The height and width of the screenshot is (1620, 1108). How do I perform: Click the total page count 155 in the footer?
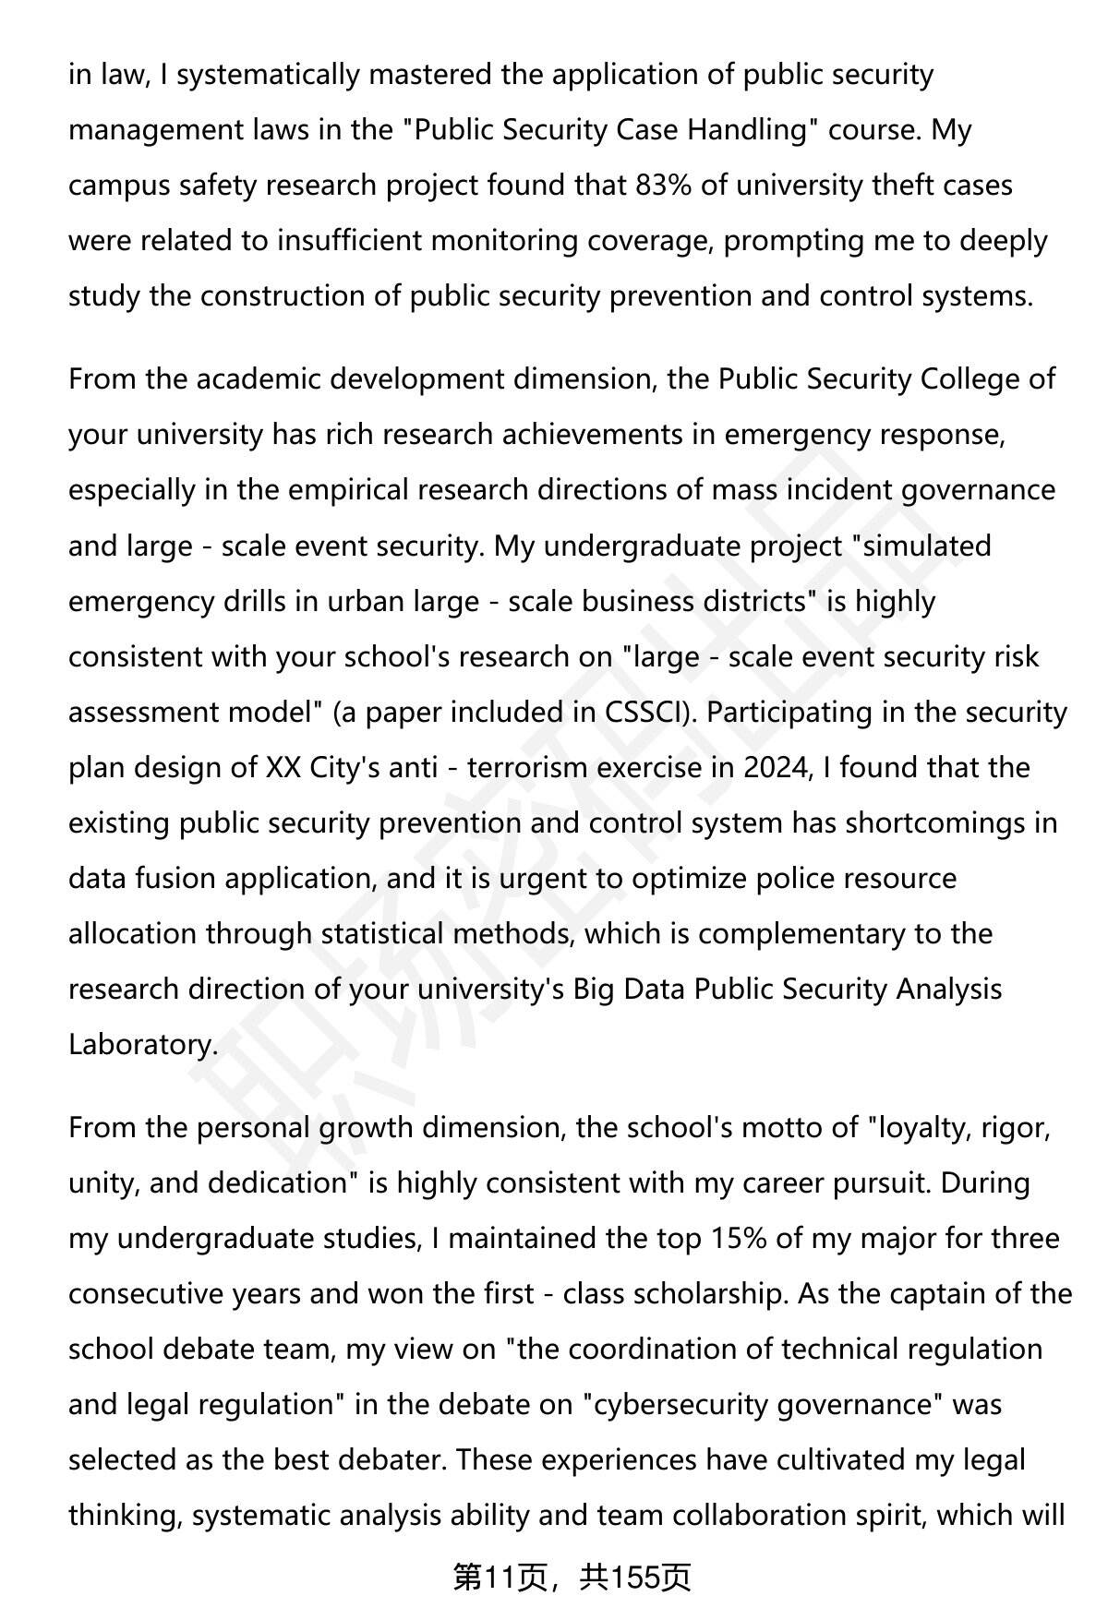(x=634, y=1578)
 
